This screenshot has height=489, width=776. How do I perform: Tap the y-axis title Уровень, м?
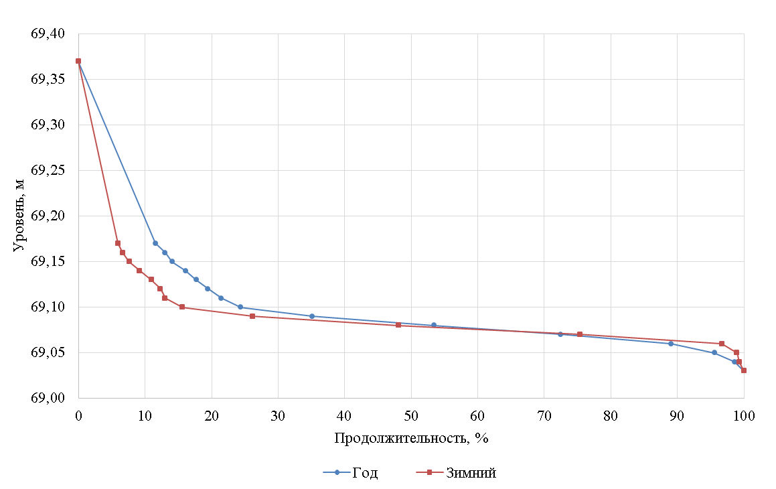tap(19, 216)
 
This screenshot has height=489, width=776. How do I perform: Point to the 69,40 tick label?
tap(48, 34)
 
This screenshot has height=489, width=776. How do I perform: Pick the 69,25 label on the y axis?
tap(48, 171)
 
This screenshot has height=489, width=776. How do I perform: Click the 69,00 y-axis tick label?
tap(48, 399)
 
